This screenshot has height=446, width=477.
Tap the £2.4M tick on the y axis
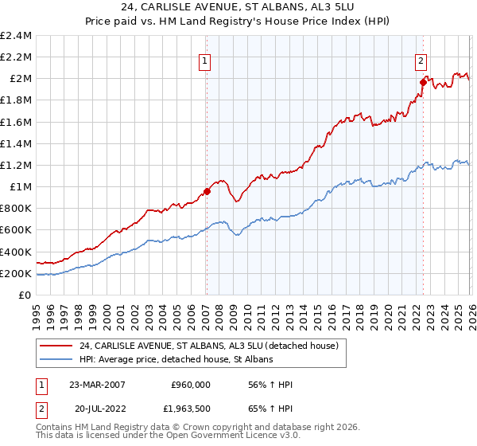(x=16, y=36)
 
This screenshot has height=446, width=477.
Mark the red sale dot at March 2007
(x=207, y=191)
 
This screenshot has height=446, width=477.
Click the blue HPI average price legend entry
(x=176, y=360)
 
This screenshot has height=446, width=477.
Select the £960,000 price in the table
(x=191, y=385)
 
